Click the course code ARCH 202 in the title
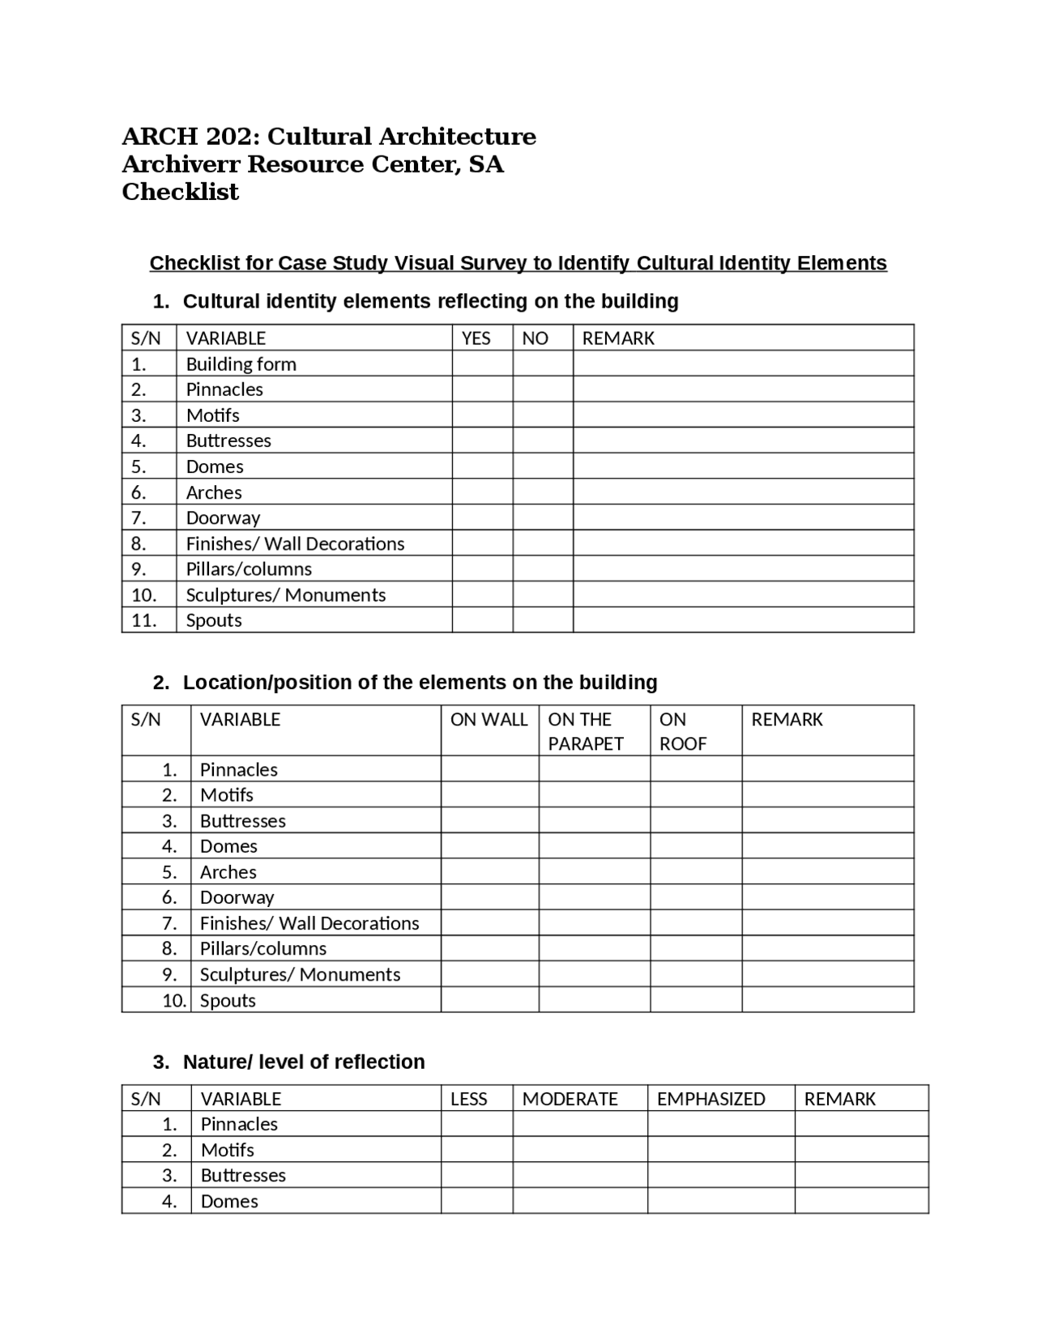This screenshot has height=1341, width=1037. point(190,136)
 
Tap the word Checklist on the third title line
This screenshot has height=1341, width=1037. point(180,192)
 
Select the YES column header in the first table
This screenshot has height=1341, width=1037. point(476,338)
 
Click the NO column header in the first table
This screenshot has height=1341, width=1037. point(535,338)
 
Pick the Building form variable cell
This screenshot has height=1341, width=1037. point(241,364)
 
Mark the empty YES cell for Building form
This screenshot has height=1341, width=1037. point(482,364)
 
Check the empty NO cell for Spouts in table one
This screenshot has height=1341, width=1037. point(543,620)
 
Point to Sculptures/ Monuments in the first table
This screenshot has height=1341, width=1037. point(285,595)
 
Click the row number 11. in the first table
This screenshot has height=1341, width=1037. point(144,620)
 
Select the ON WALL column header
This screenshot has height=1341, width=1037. point(489,720)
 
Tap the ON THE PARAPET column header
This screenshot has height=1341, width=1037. point(586,731)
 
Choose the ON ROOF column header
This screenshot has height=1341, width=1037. point(683,731)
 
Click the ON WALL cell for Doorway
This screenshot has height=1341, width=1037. point(489,897)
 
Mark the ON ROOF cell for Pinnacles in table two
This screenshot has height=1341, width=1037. point(695,769)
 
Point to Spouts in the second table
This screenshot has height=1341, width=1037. point(228,1000)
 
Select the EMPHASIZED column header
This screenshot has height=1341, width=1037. point(711,1099)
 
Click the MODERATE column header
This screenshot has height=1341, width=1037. point(570,1099)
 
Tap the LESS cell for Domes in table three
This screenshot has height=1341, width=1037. point(476,1201)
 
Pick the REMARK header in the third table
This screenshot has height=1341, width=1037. point(839,1099)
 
